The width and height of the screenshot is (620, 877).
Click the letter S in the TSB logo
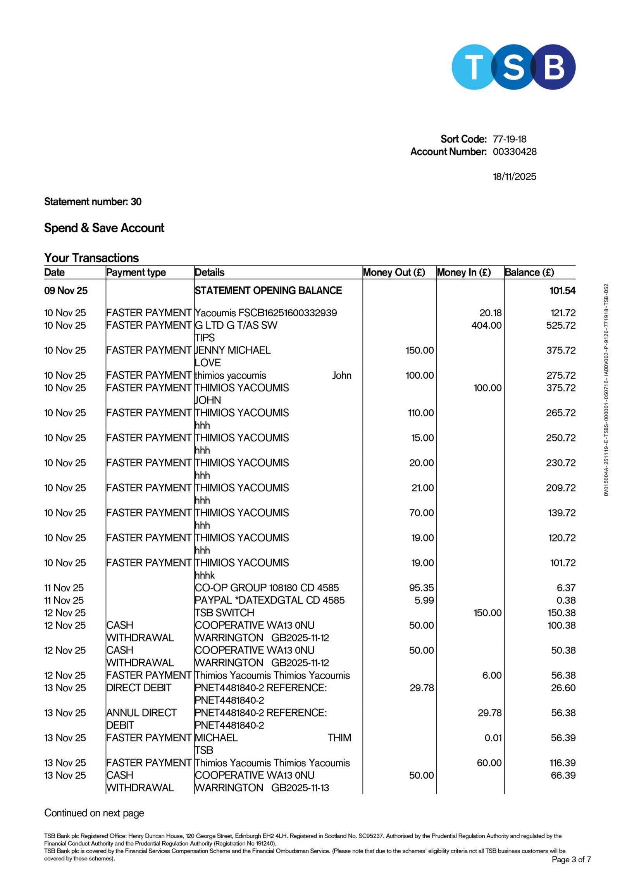(x=513, y=67)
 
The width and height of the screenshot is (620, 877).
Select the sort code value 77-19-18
(x=509, y=139)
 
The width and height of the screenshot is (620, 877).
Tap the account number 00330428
(x=514, y=152)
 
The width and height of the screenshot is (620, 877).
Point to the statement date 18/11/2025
(x=514, y=177)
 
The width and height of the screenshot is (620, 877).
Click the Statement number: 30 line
(x=93, y=202)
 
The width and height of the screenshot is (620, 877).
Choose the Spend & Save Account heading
(x=104, y=228)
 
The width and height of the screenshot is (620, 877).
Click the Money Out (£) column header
(x=394, y=272)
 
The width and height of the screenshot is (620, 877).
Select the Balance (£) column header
(x=529, y=272)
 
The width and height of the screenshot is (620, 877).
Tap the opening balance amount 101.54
(x=562, y=291)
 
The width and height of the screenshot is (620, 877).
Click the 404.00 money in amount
(x=486, y=326)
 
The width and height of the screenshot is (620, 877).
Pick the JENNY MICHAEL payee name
(x=232, y=350)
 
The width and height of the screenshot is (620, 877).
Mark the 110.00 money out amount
(x=420, y=413)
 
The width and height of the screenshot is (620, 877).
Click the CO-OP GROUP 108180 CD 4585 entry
(x=267, y=588)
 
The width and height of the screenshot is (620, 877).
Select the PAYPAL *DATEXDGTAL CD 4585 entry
(x=269, y=600)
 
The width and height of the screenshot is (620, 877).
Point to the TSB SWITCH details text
(x=224, y=613)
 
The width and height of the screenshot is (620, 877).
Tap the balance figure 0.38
(x=566, y=600)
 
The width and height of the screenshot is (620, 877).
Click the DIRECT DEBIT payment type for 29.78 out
(x=139, y=688)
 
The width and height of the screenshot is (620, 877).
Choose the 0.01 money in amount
(x=493, y=738)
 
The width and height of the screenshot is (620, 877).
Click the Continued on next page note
(x=94, y=813)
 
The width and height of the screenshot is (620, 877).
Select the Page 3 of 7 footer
(x=571, y=860)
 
